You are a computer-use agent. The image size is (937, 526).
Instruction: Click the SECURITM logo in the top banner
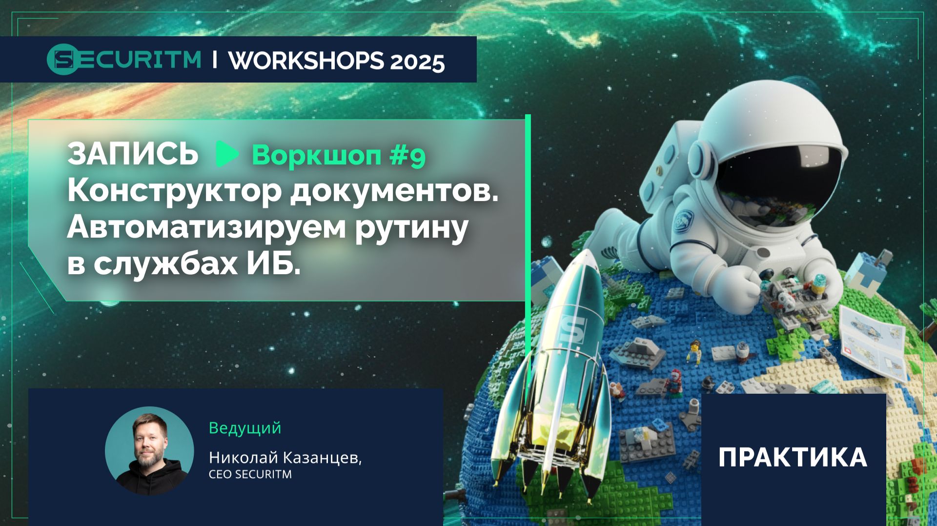(124, 60)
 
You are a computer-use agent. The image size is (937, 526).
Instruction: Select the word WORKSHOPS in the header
(306, 60)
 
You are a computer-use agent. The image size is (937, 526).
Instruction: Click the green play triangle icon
(226, 154)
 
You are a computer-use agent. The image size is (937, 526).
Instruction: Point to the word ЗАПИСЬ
(133, 155)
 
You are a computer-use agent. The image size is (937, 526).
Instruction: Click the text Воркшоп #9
(339, 156)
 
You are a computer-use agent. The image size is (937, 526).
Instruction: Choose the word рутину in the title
(411, 228)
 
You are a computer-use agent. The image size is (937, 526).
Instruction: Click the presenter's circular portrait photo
(149, 451)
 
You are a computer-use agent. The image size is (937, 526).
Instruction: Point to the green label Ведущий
(245, 428)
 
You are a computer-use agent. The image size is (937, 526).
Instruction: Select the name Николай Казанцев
(285, 458)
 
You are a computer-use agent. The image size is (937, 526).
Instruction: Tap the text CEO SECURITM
(250, 474)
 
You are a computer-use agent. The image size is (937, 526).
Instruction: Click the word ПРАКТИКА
(793, 458)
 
